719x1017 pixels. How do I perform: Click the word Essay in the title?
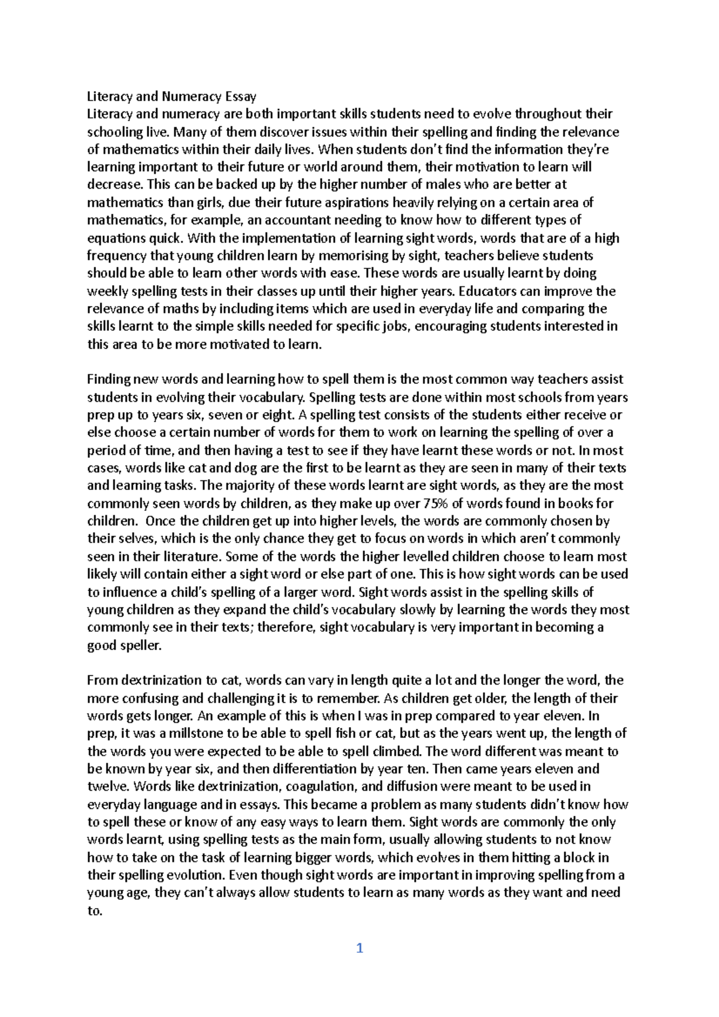tap(241, 96)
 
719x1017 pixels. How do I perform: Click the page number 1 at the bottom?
tap(359, 948)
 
